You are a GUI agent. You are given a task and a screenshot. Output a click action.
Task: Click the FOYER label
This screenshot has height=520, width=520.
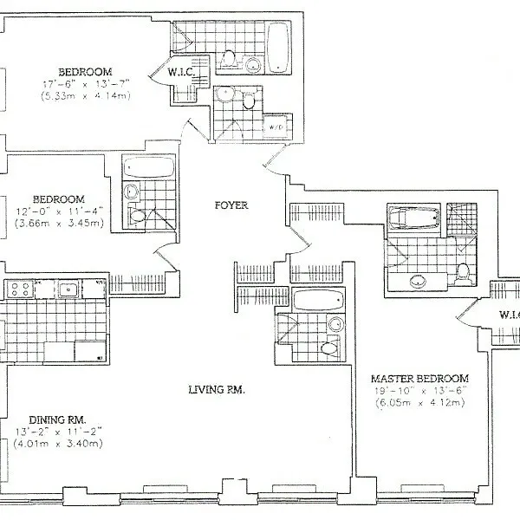[232, 205]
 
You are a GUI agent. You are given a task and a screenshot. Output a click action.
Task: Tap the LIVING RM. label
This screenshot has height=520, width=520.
[218, 390]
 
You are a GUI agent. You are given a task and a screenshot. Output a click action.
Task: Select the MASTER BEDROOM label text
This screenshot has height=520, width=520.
[419, 379]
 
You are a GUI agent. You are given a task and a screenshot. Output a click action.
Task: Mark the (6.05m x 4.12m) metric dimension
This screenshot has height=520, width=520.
[419, 403]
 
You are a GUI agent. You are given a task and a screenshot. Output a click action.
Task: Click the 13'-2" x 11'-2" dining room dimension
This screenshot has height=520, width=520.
[58, 431]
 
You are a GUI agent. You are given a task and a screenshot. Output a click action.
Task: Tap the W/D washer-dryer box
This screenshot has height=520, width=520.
[277, 127]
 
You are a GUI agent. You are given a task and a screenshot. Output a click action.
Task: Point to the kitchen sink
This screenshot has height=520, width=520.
[68, 289]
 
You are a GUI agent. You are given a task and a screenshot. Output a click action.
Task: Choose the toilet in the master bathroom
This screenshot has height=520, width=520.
[464, 273]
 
